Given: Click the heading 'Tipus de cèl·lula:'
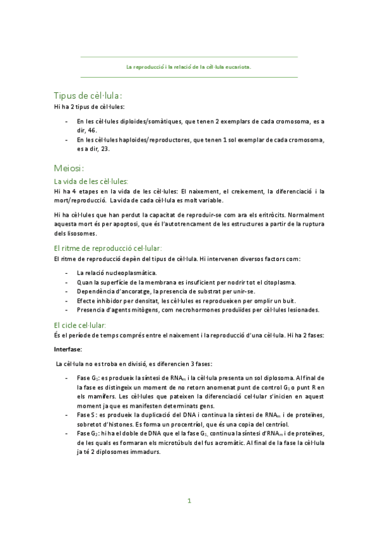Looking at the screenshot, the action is pyautogui.click(x=92, y=95).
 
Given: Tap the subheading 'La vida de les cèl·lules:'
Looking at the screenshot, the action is pyautogui.click(x=91, y=181).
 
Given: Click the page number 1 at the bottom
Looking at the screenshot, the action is pyautogui.click(x=189, y=501).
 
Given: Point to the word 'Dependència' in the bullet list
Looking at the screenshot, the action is pyautogui.click(x=96, y=291).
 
